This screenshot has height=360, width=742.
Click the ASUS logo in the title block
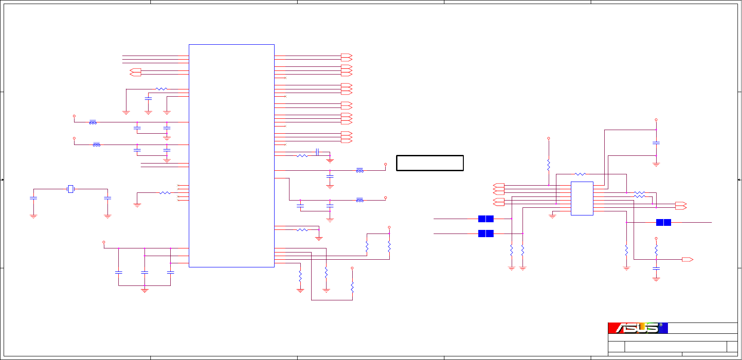637,328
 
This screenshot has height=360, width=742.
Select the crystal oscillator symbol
70,189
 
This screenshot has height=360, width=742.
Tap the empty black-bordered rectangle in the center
429,163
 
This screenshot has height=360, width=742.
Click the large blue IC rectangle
231,155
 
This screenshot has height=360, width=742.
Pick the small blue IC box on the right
582,198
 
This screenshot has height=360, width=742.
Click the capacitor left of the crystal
33,198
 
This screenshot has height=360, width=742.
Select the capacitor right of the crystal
107,198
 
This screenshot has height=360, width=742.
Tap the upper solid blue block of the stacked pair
485,219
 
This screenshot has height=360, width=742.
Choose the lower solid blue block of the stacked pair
485,234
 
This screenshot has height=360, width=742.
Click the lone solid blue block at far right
663,222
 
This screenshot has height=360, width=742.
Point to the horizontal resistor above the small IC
580,174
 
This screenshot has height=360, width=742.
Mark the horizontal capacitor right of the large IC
317,152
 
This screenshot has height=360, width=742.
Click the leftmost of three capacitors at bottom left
118,272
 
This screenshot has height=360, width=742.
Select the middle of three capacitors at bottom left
145,272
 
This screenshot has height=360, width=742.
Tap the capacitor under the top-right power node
656,143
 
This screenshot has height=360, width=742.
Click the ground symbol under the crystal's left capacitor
33,216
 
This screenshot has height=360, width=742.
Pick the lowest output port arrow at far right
687,259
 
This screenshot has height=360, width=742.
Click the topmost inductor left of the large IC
93,122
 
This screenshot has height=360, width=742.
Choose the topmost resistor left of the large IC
161,89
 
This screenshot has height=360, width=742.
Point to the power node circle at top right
656,120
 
